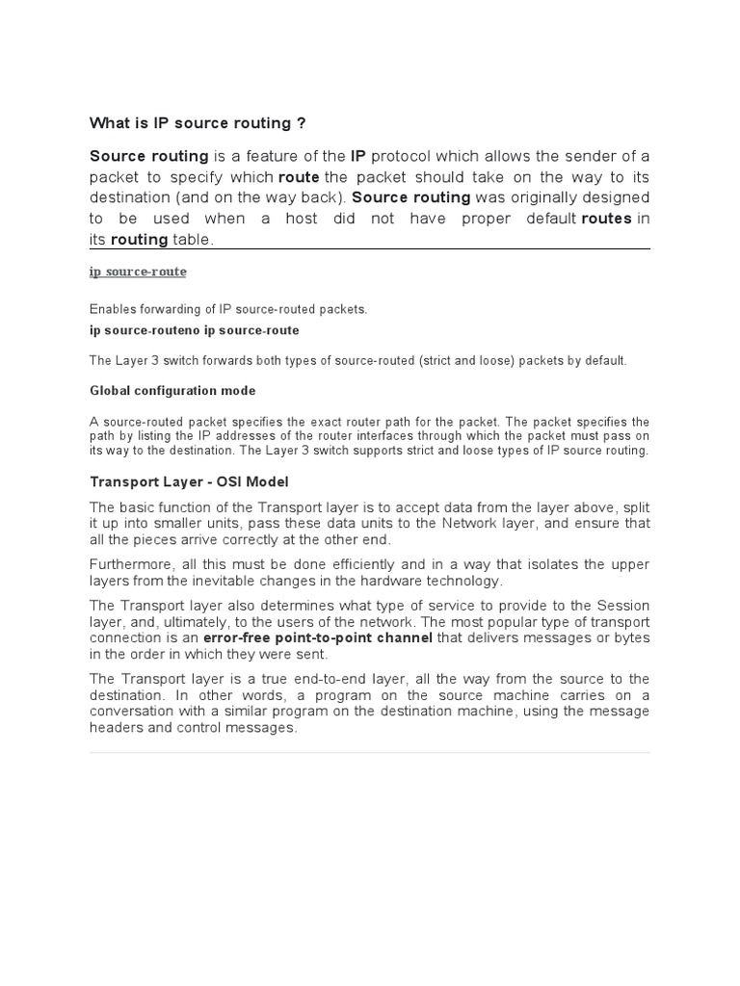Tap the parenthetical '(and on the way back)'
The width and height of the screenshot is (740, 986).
coord(267,197)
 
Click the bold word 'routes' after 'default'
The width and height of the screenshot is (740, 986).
coord(606,219)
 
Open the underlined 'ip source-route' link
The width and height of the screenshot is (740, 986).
coord(138,272)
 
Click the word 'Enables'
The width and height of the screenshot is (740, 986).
coord(114,309)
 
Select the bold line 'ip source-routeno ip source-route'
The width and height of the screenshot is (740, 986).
coord(194,330)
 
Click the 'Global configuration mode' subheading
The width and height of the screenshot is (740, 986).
coord(172,391)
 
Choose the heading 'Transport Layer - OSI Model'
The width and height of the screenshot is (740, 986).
coord(189,481)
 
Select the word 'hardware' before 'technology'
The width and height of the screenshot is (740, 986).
coord(395,581)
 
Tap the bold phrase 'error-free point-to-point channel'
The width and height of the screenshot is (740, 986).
coord(318,637)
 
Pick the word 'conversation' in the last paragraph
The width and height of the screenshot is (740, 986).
coord(134,712)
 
